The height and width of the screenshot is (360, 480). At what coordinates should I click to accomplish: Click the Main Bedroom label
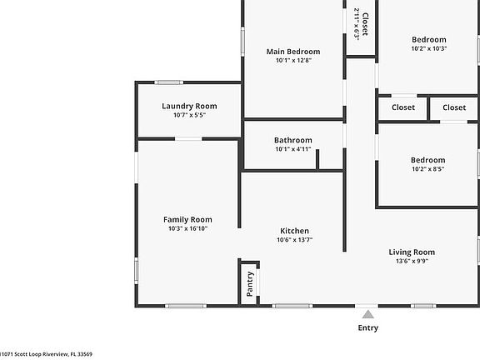[x=292, y=51]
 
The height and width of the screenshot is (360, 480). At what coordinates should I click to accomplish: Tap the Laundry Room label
[x=189, y=106]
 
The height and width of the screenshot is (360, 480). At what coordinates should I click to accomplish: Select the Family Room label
[x=188, y=219]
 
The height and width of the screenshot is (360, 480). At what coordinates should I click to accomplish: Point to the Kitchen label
[x=294, y=231]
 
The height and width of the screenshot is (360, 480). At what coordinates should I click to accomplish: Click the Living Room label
[x=412, y=252]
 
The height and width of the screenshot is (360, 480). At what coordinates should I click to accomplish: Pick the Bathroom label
[x=292, y=140]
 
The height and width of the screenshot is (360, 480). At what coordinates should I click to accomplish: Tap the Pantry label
[x=249, y=284]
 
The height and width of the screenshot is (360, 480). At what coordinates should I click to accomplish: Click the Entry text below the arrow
[x=367, y=327]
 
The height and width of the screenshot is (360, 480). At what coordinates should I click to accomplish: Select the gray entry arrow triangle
[x=367, y=314]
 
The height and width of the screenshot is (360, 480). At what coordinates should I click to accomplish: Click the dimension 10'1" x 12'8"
[x=292, y=60]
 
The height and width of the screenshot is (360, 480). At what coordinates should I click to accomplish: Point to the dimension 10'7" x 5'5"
[x=189, y=115]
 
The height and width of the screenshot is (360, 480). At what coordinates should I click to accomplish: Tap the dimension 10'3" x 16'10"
[x=188, y=228]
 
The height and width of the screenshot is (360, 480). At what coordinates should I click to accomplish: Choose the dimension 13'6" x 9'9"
[x=412, y=261]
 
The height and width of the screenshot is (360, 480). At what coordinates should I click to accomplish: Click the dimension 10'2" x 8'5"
[x=427, y=169]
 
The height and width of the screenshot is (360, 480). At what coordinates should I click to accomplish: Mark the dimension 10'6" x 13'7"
[x=294, y=240]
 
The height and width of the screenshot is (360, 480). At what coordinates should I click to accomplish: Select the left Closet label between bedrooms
[x=403, y=107]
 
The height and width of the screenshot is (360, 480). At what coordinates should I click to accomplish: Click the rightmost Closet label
[x=454, y=107]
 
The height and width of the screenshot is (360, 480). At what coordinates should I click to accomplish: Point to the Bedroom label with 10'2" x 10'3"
[x=428, y=39]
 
